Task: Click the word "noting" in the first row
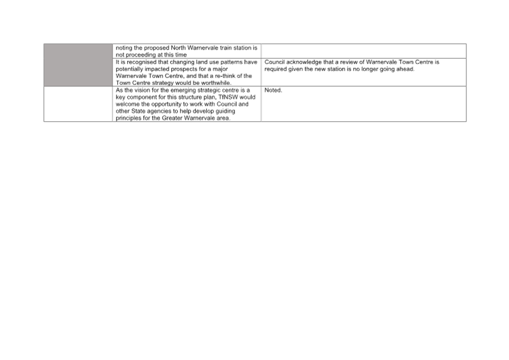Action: click(124, 48)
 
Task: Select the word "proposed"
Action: click(156, 48)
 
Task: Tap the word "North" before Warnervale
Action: click(178, 48)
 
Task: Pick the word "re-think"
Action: click(225, 76)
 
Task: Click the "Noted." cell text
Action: click(273, 90)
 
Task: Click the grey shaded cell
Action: click(78, 65)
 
